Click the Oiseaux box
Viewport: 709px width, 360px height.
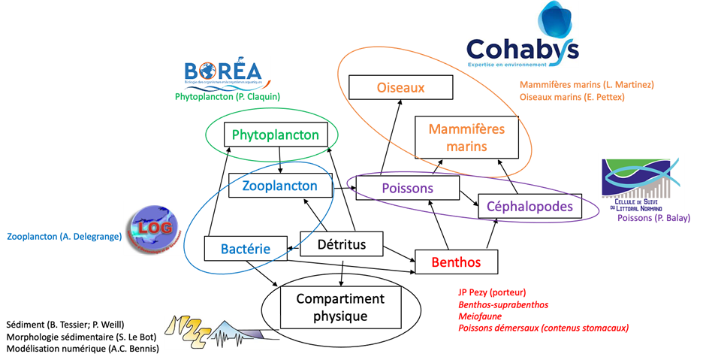[401, 87]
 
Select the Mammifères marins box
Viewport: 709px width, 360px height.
[466, 138]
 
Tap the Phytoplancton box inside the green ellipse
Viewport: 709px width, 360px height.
[276, 135]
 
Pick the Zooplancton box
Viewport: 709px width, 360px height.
[279, 185]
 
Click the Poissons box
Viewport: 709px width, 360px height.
[406, 188]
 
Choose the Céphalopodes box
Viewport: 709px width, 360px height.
[529, 206]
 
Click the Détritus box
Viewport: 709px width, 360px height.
[342, 244]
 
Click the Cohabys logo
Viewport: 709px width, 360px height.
[523, 38]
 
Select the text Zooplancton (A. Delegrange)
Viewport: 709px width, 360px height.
[64, 236]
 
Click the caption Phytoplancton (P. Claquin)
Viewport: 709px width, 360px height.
[227, 97]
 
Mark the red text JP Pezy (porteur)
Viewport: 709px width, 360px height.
[492, 292]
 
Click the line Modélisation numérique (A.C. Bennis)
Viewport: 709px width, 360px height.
[83, 348]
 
